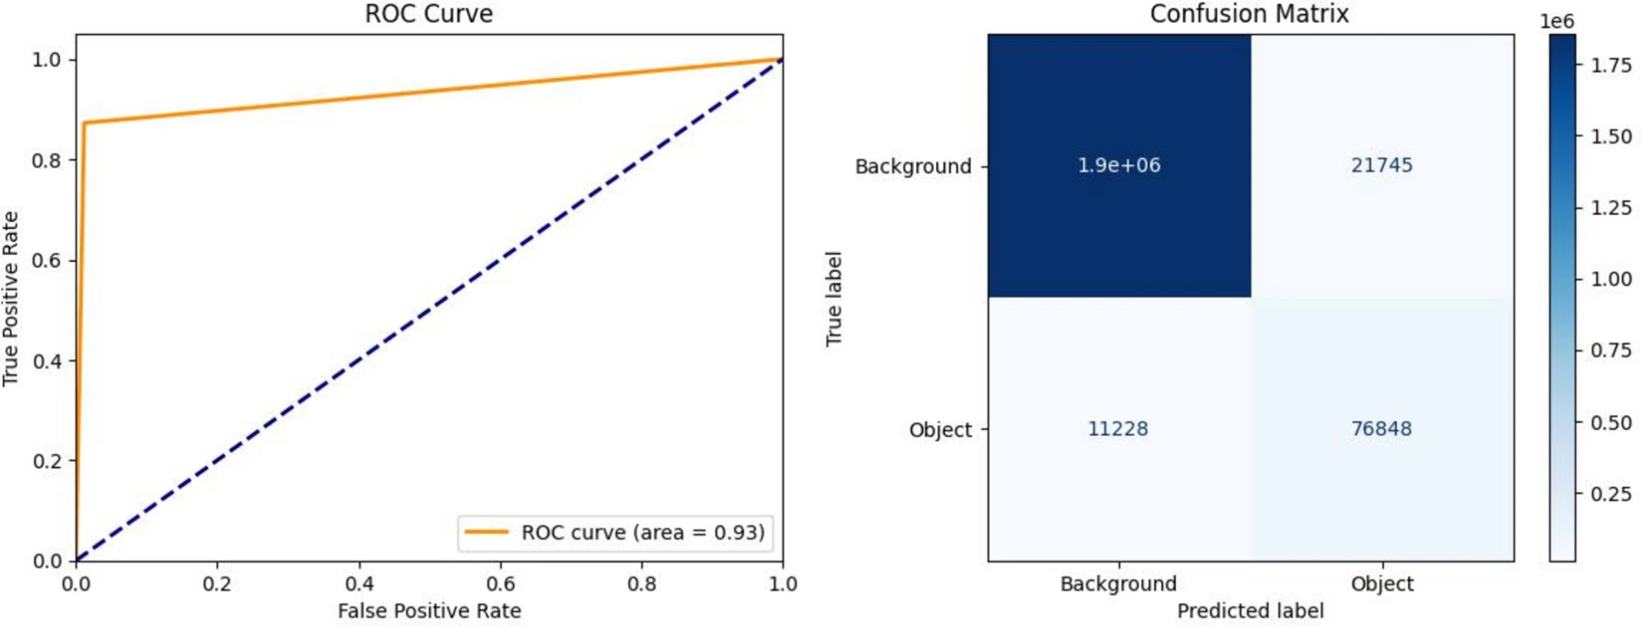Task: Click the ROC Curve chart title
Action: coord(429,14)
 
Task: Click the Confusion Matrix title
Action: coord(1249,14)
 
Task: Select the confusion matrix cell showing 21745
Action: coord(1382,165)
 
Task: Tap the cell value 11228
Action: coord(1117,428)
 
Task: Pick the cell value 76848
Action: coord(1382,428)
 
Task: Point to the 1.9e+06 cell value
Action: coord(1119,165)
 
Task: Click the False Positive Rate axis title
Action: coord(429,611)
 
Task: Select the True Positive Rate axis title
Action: coord(11,298)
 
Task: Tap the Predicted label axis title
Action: coord(1250,611)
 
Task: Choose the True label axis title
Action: coord(834,298)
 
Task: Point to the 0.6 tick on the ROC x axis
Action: coord(501,584)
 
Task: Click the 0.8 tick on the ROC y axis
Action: coord(47,160)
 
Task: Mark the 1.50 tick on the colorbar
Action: coord(1611,136)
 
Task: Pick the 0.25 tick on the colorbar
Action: coord(1611,494)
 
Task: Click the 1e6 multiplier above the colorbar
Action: coord(1557,21)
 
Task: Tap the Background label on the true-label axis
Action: coord(913,167)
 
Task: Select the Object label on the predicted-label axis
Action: coord(1382,584)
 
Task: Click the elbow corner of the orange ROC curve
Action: coord(85,123)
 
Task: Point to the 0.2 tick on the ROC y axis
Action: coord(47,461)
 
